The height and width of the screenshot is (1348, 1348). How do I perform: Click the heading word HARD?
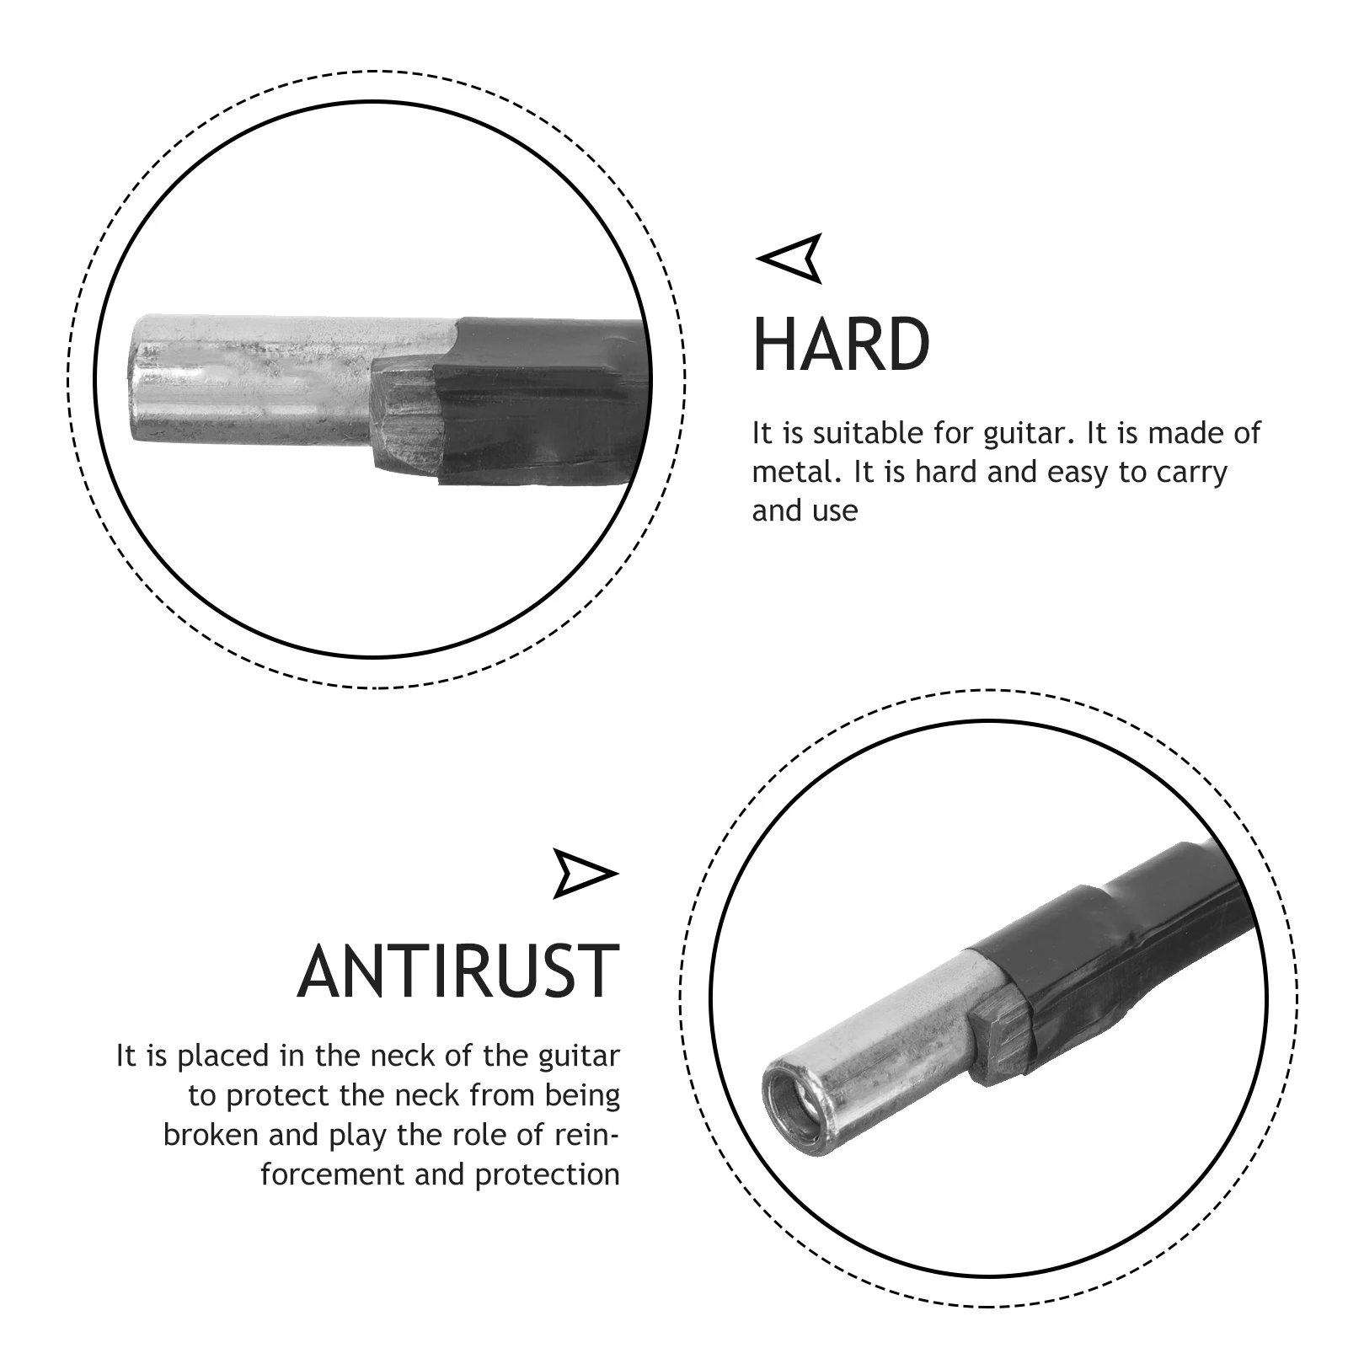click(x=841, y=345)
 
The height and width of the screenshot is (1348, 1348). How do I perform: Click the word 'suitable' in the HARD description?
click(x=867, y=433)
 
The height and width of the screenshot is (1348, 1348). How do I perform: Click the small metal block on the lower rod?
click(x=998, y=1045)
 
